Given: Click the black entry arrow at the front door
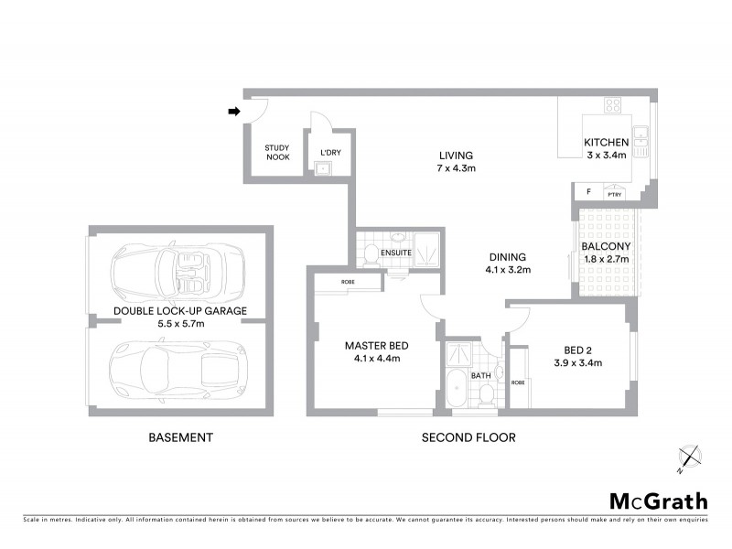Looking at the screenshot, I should click(x=233, y=112).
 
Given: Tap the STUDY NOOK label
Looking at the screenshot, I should click(x=277, y=152).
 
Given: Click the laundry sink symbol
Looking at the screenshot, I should click(x=322, y=168).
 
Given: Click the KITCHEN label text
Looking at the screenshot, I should click(x=606, y=142).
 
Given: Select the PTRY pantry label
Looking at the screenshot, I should click(x=614, y=194).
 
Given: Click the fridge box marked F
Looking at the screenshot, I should click(x=587, y=193).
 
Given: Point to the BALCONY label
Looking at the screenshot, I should click(x=606, y=246).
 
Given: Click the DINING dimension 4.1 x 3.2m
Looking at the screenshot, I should click(x=508, y=270).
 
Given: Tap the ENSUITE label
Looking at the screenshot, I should click(x=396, y=253).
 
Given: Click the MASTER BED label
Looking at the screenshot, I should click(x=376, y=345).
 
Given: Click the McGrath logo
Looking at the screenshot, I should click(x=659, y=501).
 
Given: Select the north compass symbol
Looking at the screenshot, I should click(x=689, y=457).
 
